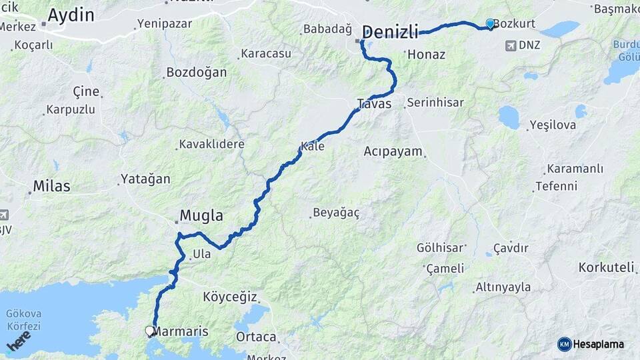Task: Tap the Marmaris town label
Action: (x=186, y=331)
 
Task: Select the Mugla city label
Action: (x=201, y=216)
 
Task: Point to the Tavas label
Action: (x=374, y=103)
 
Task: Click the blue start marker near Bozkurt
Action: (x=491, y=24)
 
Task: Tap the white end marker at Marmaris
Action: (x=150, y=330)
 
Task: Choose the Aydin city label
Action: (x=71, y=15)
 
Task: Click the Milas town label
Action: (x=52, y=186)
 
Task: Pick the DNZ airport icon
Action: (x=511, y=46)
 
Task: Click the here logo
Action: (x=19, y=341)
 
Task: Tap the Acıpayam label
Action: (x=393, y=151)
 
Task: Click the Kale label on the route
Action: (x=313, y=146)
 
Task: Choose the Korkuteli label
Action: (x=606, y=267)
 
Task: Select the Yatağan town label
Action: (x=145, y=179)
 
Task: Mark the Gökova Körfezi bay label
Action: (x=23, y=319)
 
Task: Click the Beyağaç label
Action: (x=337, y=213)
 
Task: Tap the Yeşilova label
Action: (x=551, y=125)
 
